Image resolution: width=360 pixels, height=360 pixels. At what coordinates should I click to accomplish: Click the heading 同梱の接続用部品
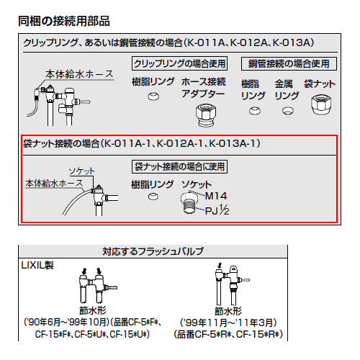tap(64, 21)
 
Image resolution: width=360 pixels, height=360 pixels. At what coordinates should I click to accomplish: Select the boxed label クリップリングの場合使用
tap(179, 63)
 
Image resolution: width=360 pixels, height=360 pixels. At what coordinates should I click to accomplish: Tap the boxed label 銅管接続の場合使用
tap(289, 63)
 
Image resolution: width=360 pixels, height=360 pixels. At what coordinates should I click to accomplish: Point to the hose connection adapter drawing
tap(206, 115)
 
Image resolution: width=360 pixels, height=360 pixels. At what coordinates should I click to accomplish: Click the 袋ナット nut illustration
tap(321, 104)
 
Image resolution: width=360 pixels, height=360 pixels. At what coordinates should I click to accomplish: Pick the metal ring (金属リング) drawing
tap(287, 111)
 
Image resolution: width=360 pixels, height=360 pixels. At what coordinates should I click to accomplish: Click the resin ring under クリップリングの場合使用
tap(153, 96)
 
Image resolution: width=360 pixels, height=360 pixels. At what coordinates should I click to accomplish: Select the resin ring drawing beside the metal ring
tap(254, 111)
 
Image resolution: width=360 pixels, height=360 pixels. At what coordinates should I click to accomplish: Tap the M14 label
tap(216, 196)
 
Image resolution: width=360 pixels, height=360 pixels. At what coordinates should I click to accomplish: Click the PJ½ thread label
tap(217, 210)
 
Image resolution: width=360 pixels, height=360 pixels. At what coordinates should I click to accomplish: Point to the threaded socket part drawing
tap(189, 202)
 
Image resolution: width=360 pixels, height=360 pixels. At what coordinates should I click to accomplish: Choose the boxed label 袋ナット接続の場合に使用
tap(179, 166)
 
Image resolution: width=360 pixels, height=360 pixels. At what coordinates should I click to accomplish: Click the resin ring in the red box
tap(153, 197)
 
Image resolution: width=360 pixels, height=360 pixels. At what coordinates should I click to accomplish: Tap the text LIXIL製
tap(37, 266)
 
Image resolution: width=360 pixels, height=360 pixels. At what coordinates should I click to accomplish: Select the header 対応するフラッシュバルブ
tap(153, 251)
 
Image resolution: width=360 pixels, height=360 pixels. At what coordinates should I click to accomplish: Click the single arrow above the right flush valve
tap(220, 266)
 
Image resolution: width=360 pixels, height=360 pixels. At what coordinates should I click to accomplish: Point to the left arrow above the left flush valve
tap(84, 271)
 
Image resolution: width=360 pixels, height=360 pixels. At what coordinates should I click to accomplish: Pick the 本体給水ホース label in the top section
tap(79, 74)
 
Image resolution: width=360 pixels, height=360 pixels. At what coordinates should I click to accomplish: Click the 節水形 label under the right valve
tap(228, 311)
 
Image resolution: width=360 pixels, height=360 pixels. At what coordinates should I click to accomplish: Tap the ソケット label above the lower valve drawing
tap(81, 171)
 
